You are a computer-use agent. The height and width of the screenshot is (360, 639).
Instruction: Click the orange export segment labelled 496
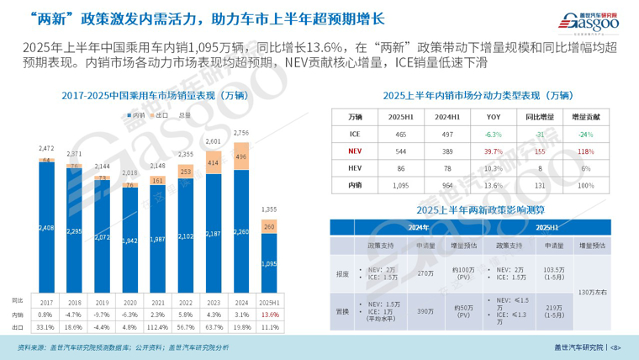[x=242, y=156]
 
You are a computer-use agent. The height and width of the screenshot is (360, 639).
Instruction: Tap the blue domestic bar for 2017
[x=47, y=227]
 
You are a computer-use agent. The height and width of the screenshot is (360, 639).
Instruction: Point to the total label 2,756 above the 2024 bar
[x=242, y=133]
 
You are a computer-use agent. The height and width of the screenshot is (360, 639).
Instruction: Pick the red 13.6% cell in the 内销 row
[x=270, y=315]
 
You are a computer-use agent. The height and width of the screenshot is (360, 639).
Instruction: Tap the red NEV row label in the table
[x=356, y=151]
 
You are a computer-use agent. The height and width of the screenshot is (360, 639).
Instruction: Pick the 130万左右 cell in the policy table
[x=587, y=291]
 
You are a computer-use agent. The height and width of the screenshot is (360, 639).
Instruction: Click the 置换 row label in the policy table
[x=342, y=310]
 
